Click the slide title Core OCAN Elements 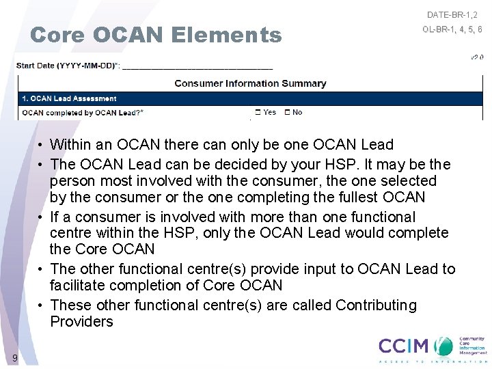pos(156,35)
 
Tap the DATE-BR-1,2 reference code pos(452,14)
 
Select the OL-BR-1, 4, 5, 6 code pos(452,29)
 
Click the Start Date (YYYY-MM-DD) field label pos(68,66)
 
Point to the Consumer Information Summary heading pos(250,83)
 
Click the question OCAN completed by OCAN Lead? pos(83,112)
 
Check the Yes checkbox pos(258,112)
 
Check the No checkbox pos(288,112)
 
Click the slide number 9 pos(14,358)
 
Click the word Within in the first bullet pos(70,145)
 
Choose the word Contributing pos(376,305)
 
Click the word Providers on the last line pos(81,321)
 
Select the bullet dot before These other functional pos(41,305)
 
